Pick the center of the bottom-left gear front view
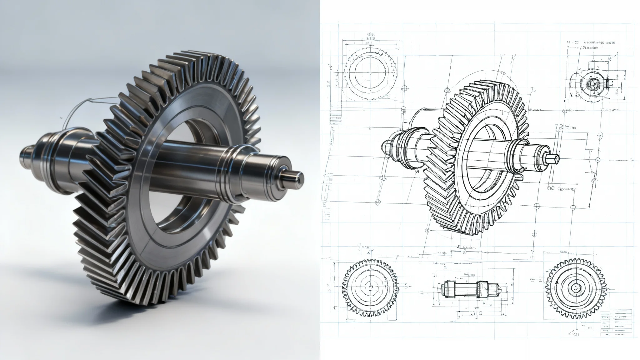(x=371, y=287)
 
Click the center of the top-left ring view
(x=370, y=75)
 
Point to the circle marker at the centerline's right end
(x=598, y=160)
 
